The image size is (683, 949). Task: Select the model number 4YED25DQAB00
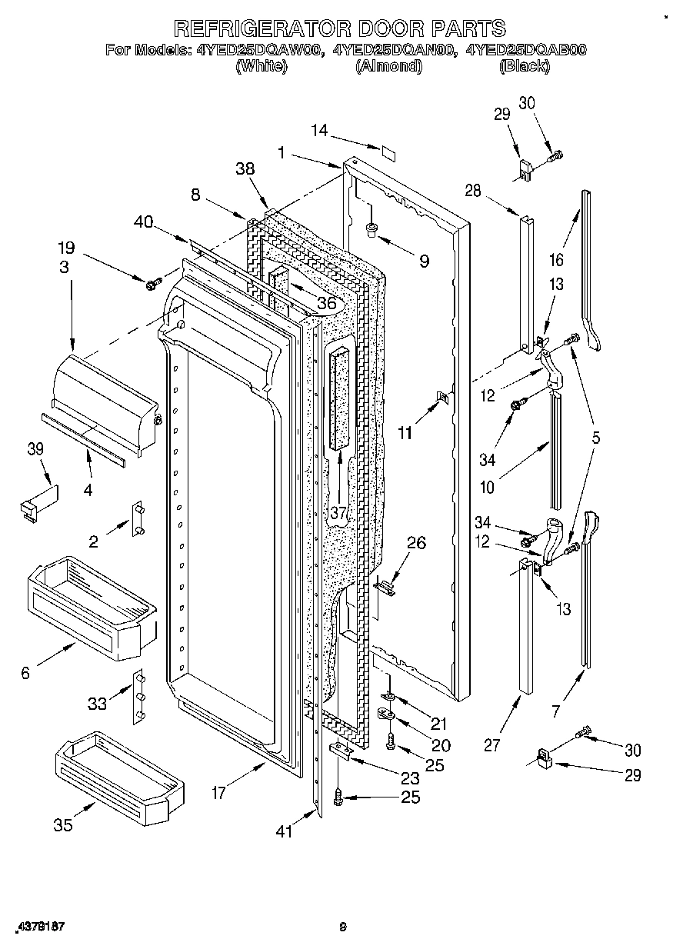pyautogui.click(x=524, y=51)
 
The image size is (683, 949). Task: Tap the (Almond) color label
pyautogui.click(x=388, y=66)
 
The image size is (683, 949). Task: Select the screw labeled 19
pyautogui.click(x=152, y=284)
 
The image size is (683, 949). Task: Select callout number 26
pyautogui.click(x=415, y=544)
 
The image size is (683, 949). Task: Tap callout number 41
pyautogui.click(x=285, y=831)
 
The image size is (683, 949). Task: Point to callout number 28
pyautogui.click(x=472, y=191)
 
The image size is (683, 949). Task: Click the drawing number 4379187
pyautogui.click(x=39, y=927)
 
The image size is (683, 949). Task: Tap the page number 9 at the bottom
pyautogui.click(x=343, y=927)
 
